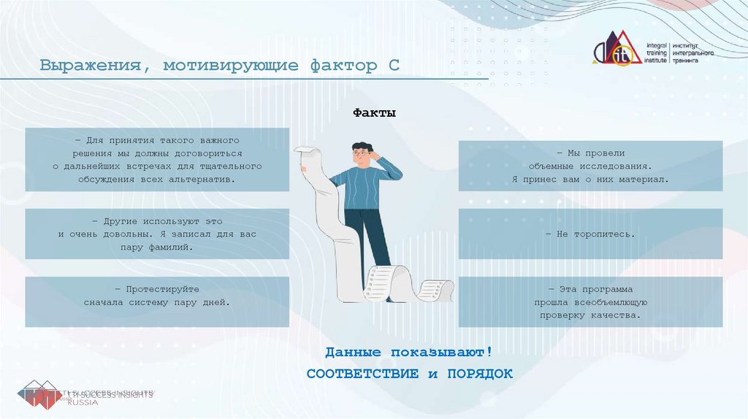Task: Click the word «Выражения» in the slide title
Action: pyautogui.click(x=89, y=66)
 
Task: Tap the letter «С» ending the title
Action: pyautogui.click(x=393, y=66)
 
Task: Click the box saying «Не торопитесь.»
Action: pyautogui.click(x=590, y=234)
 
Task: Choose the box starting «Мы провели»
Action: pyautogui.click(x=590, y=166)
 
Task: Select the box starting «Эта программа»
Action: pyautogui.click(x=590, y=302)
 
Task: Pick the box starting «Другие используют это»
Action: pyautogui.click(x=157, y=234)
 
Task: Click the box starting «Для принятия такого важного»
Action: pyautogui.click(x=157, y=159)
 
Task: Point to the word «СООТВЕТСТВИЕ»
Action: pyautogui.click(x=362, y=374)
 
